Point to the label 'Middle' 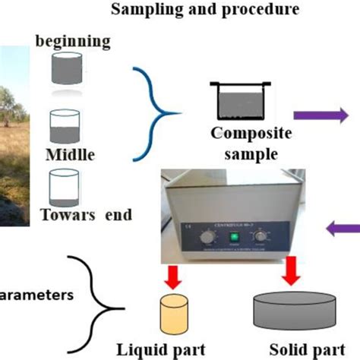[69, 156]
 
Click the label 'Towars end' [88, 215]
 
